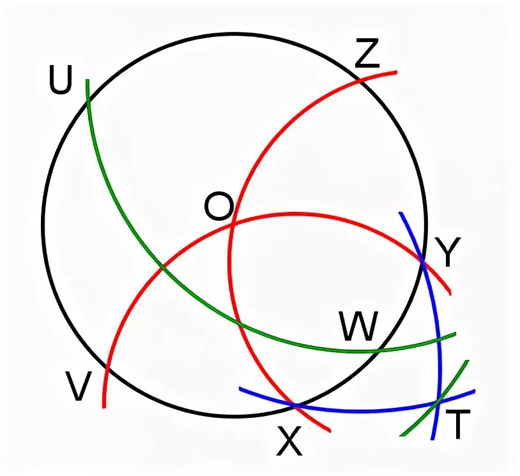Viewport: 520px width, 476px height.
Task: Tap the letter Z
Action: [x=367, y=55]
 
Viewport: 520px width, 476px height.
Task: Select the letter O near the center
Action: [x=218, y=207]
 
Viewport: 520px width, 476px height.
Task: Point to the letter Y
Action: [x=447, y=253]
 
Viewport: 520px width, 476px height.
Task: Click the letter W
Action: [x=358, y=327]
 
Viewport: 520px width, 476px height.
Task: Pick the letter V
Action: [x=77, y=387]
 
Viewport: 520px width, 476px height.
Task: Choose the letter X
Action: [x=289, y=442]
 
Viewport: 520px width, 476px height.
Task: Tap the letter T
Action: [x=457, y=426]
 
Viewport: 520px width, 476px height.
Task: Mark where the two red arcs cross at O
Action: [x=233, y=223]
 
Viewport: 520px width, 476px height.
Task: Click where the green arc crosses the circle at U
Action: [x=88, y=101]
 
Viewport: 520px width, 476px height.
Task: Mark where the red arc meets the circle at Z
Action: [x=361, y=80]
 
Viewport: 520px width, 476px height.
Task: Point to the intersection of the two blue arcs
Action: [x=439, y=402]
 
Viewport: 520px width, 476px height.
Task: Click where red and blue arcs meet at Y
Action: [x=422, y=260]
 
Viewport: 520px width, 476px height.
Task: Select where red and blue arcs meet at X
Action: [x=295, y=405]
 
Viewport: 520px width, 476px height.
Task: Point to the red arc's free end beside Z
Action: [x=396, y=72]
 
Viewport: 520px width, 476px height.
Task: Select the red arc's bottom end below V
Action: [x=103, y=406]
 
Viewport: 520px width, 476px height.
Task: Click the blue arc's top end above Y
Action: [x=400, y=213]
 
